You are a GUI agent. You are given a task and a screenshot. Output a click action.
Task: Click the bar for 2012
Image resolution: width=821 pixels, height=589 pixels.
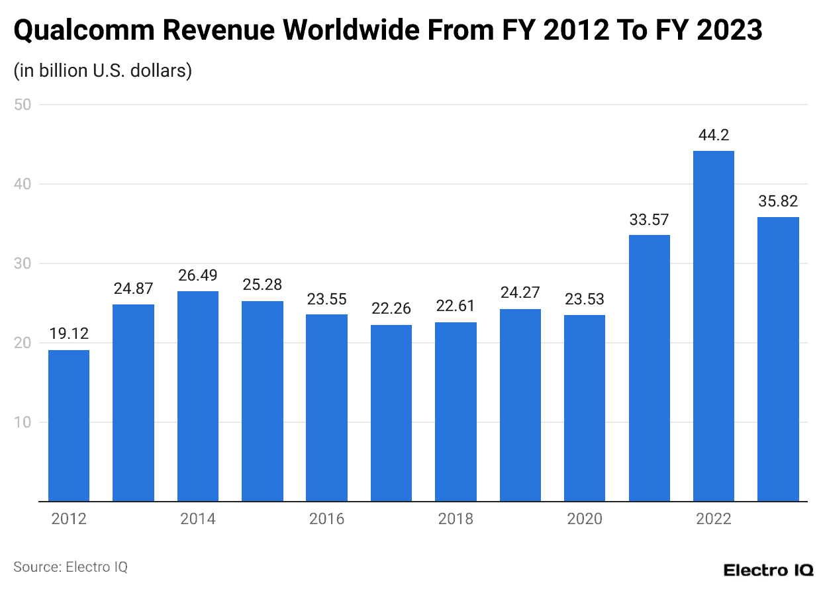69,426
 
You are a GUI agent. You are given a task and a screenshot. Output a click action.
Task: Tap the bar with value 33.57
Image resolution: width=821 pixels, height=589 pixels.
649,368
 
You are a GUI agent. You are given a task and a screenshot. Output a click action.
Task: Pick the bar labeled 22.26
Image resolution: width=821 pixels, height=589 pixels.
391,413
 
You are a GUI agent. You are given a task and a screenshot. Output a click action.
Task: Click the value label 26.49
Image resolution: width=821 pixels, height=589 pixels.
198,275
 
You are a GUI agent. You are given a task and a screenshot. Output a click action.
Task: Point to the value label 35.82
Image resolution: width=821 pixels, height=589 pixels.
778,201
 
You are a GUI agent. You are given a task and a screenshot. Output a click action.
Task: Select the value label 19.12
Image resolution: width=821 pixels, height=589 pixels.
69,334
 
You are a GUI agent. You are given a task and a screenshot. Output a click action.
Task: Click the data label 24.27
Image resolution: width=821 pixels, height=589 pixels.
520,293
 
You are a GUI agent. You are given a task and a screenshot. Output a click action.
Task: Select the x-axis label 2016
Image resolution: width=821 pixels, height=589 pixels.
326,519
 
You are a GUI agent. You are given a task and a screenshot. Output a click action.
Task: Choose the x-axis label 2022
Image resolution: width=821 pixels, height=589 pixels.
713,519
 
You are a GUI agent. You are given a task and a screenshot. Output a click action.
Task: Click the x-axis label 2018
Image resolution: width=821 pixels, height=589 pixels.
456,519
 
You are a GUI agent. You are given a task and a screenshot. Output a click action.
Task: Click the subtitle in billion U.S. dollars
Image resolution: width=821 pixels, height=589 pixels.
103,70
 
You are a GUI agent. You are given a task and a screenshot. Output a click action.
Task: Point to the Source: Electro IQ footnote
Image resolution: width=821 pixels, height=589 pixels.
70,567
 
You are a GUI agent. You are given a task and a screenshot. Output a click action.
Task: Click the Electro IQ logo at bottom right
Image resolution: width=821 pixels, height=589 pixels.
768,570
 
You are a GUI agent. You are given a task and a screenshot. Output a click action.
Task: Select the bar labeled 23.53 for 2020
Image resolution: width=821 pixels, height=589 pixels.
584,408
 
